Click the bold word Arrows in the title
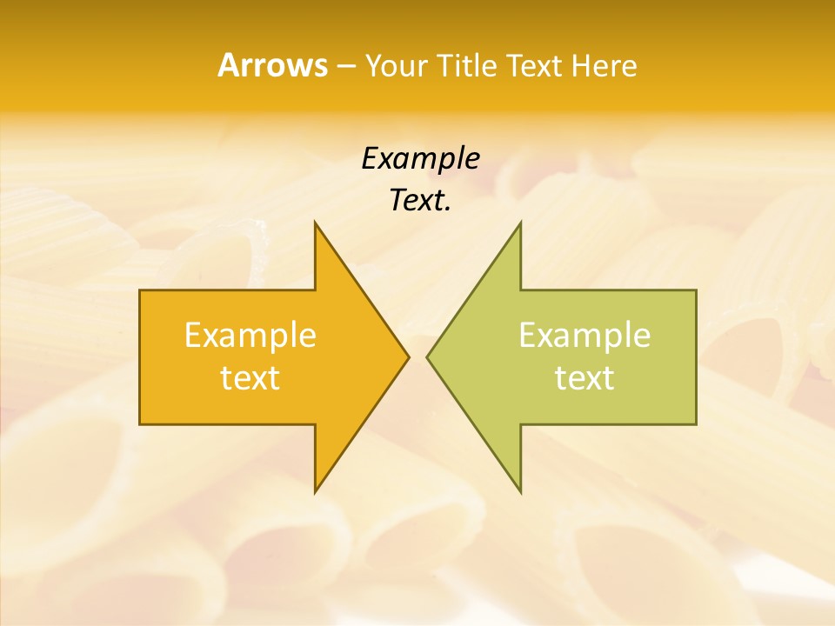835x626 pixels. pyautogui.click(x=271, y=66)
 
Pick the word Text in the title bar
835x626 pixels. pyautogui.click(x=535, y=66)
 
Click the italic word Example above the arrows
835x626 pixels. pyautogui.click(x=420, y=159)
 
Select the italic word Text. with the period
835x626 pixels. pyautogui.click(x=420, y=201)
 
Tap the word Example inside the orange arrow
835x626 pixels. pyautogui.click(x=250, y=336)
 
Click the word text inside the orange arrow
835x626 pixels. pyautogui.click(x=250, y=378)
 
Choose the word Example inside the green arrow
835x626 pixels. pyautogui.click(x=584, y=336)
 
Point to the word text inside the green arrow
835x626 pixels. pyautogui.click(x=584, y=378)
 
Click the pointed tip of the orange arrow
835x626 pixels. pyautogui.click(x=409, y=356)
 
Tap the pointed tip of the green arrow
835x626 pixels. pyautogui.click(x=427, y=356)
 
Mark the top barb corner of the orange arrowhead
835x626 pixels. pyautogui.click(x=315, y=222)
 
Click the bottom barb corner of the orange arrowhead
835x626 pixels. pyautogui.click(x=315, y=492)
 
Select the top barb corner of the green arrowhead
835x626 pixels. pyautogui.click(x=520, y=222)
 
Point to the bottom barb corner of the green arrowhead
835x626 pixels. pyautogui.click(x=520, y=492)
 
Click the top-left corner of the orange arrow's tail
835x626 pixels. pyautogui.click(x=140, y=290)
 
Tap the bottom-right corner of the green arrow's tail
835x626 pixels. pyautogui.click(x=696, y=424)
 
